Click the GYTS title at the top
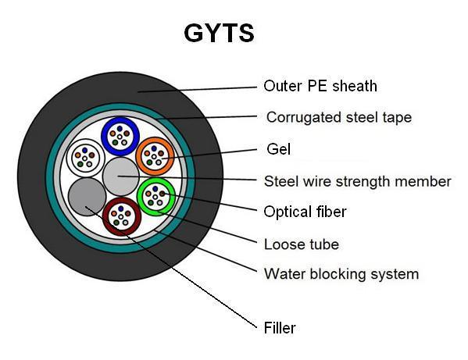[x=219, y=33]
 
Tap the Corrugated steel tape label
[x=338, y=117]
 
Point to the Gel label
[x=278, y=148]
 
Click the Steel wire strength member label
[x=358, y=181]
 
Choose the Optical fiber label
[x=305, y=212]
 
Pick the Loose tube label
[x=302, y=244]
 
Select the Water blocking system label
[x=341, y=273]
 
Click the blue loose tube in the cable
[x=120, y=135]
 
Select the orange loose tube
[x=155, y=156]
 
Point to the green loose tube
[x=156, y=196]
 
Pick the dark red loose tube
[x=121, y=216]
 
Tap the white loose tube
[x=84, y=159]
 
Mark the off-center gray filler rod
[x=86, y=196]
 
